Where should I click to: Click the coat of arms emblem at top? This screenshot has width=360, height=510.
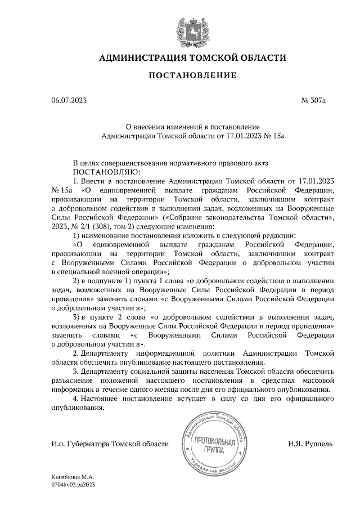coord(193,29)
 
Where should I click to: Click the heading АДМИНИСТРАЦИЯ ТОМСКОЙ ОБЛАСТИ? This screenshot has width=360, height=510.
coord(192,58)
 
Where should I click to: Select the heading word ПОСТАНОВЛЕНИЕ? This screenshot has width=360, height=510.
coord(192,75)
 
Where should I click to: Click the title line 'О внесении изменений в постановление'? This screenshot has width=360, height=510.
coord(192,127)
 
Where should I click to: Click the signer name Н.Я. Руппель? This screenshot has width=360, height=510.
coord(310,444)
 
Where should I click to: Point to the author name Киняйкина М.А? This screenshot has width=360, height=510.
coord(70,477)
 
